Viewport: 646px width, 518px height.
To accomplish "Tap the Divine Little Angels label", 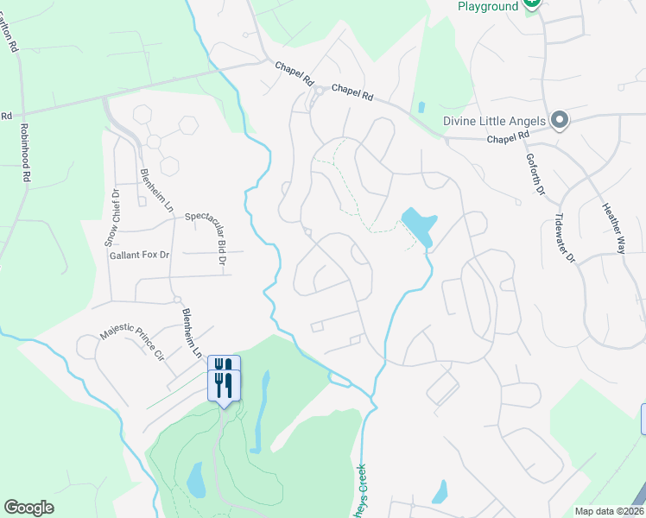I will [494, 121].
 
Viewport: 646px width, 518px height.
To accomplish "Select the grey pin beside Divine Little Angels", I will [560, 120].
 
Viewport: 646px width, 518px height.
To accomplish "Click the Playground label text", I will [488, 6].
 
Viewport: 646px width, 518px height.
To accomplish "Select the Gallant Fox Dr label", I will [140, 256].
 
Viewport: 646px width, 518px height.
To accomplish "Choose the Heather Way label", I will [613, 228].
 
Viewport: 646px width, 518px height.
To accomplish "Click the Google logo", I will [28, 508].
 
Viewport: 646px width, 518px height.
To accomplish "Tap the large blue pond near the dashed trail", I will [417, 226].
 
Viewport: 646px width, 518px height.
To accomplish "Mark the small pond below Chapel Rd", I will [421, 108].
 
